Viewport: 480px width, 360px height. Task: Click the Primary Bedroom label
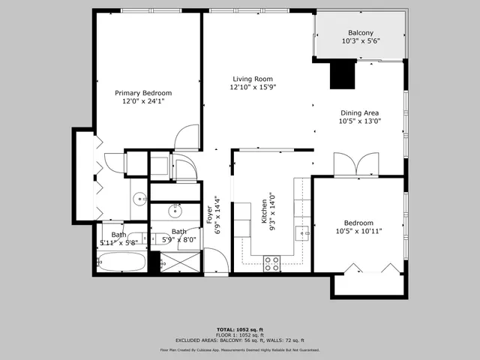(143, 93)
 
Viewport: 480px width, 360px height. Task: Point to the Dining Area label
(359, 113)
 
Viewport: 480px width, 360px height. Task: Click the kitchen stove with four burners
(272, 262)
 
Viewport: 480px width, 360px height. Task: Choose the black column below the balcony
(342, 74)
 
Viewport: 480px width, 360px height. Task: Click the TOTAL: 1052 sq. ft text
(239, 330)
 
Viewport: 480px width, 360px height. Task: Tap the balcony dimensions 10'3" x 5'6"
(361, 41)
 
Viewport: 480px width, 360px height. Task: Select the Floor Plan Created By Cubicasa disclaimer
(239, 350)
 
